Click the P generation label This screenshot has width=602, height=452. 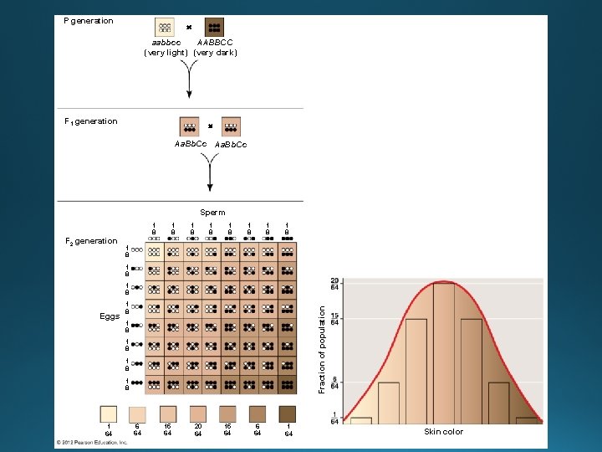[89, 21]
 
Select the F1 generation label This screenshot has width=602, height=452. [91, 121]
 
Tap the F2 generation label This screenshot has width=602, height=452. [91, 241]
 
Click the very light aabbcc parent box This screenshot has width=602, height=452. [165, 28]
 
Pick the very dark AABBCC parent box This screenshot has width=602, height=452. [213, 28]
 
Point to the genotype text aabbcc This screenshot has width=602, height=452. [166, 42]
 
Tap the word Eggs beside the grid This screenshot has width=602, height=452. [110, 316]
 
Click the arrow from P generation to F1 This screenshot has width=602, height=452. [190, 80]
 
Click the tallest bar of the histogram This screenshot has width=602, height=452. [444, 352]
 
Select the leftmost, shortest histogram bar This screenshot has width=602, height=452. [360, 420]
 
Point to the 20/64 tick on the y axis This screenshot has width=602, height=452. [334, 283]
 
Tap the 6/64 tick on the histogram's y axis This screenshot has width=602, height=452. [334, 383]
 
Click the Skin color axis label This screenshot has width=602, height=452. [443, 432]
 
